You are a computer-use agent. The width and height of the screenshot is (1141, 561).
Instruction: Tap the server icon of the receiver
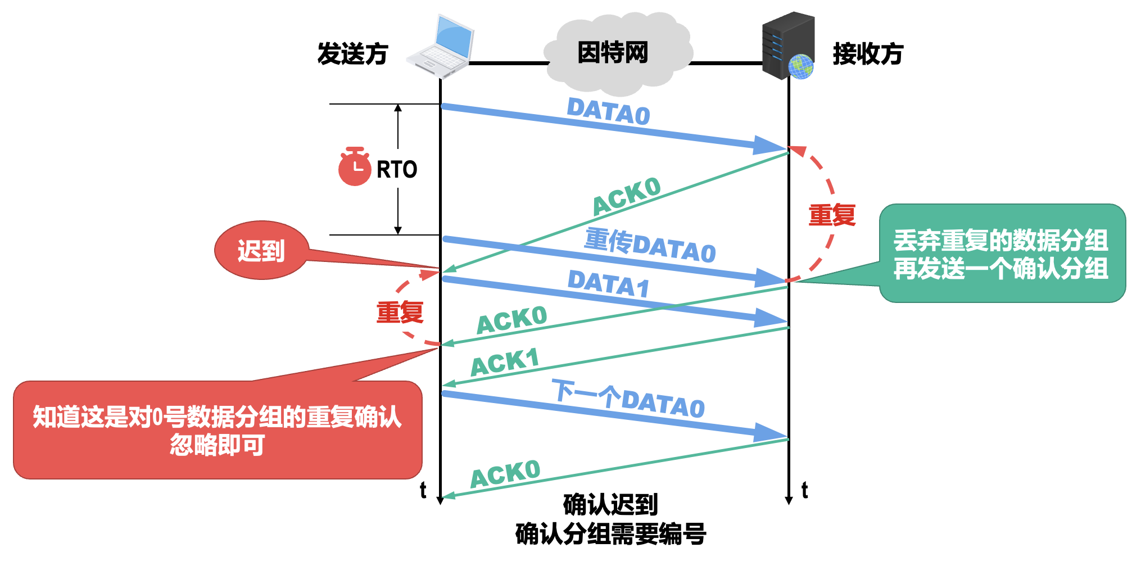pyautogui.click(x=787, y=45)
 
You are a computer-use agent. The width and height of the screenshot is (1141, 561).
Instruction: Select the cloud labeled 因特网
pyautogui.click(x=615, y=53)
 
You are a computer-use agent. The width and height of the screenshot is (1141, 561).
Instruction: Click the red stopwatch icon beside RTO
pyautogui.click(x=354, y=167)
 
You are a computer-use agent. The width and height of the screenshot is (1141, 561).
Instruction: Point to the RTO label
pyautogui.click(x=397, y=169)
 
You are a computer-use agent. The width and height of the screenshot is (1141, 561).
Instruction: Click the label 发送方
pyautogui.click(x=352, y=54)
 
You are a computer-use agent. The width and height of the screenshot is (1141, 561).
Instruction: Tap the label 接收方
pyautogui.click(x=867, y=54)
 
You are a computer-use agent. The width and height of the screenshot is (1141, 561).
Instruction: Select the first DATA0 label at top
pyautogui.click(x=608, y=111)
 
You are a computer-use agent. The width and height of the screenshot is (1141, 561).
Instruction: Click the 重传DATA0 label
pyautogui.click(x=650, y=245)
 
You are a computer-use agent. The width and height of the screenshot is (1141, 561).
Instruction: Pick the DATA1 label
pyautogui.click(x=608, y=283)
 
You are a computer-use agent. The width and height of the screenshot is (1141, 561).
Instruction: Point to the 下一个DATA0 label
pyautogui.click(x=628, y=399)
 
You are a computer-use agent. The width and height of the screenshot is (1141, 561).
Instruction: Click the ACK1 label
pyautogui.click(x=504, y=362)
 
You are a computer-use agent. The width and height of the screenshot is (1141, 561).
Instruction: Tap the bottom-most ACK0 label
pyautogui.click(x=505, y=474)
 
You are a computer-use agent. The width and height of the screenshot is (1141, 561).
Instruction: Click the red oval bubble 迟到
pyautogui.click(x=261, y=251)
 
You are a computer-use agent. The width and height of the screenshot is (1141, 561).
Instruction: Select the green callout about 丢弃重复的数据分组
pyautogui.click(x=1002, y=254)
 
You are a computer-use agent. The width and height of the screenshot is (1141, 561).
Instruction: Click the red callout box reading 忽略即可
pyautogui.click(x=218, y=430)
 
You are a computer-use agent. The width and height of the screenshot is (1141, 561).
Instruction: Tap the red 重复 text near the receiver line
pyautogui.click(x=832, y=215)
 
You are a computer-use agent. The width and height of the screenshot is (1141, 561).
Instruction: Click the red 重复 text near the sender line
pyautogui.click(x=400, y=312)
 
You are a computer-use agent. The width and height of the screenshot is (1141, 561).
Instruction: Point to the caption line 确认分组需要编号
pyautogui.click(x=610, y=533)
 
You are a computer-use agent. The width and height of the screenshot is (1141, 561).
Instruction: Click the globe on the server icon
pyautogui.click(x=801, y=67)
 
